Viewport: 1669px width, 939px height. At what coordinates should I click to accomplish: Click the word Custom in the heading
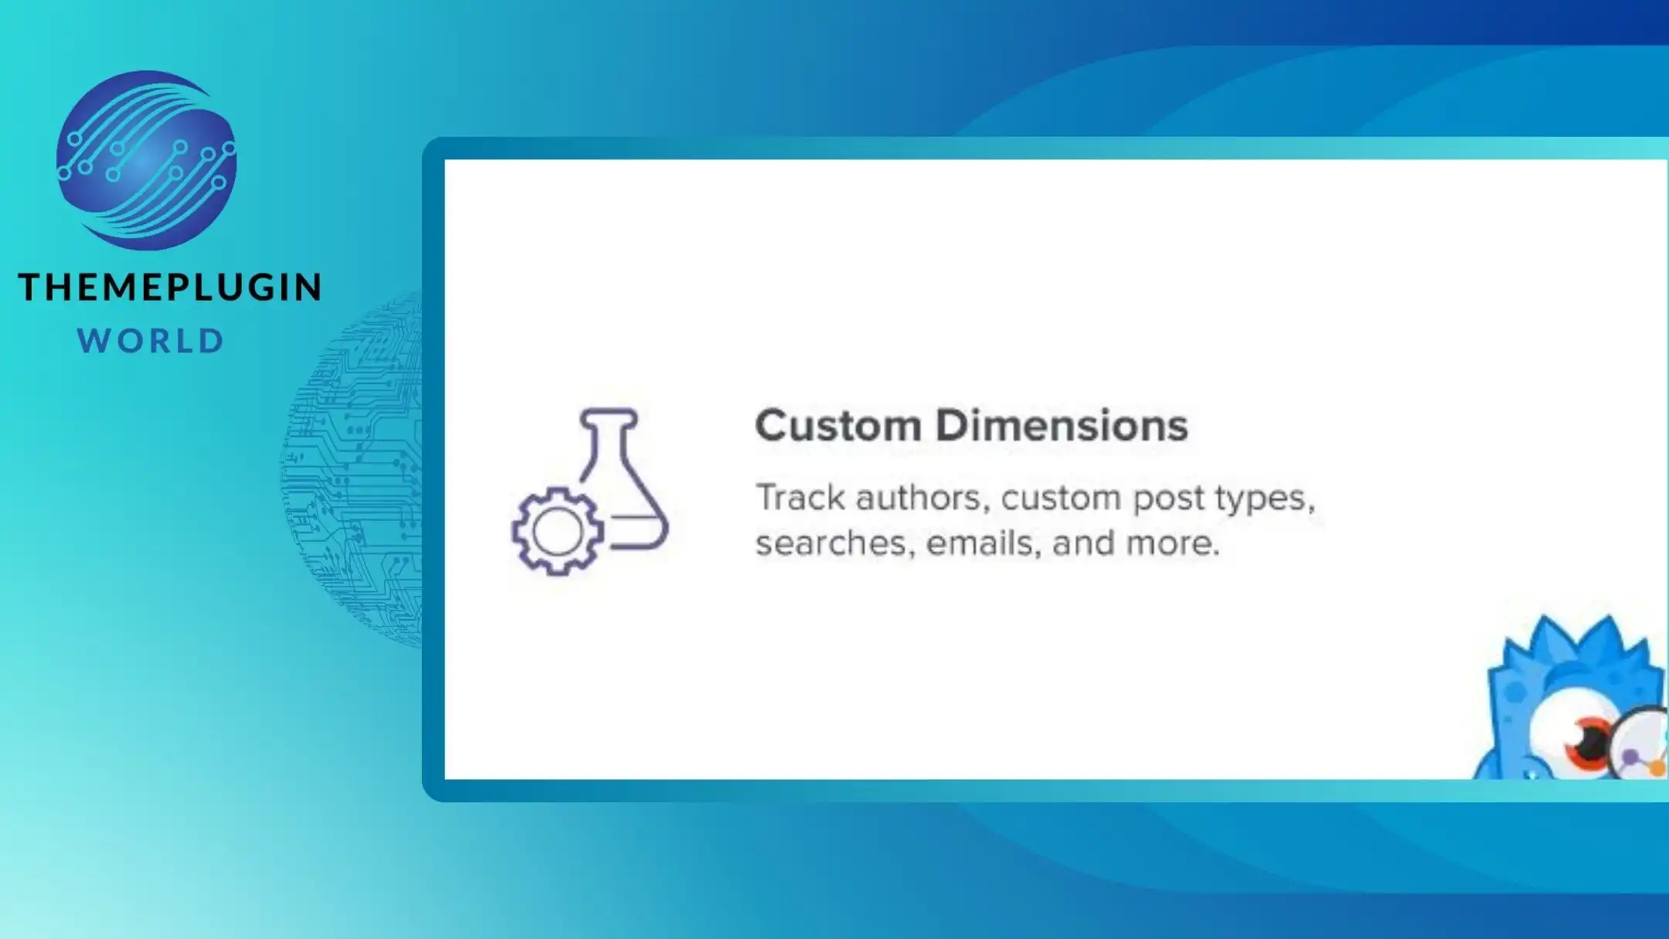click(838, 425)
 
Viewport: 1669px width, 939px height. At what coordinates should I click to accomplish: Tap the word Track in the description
click(801, 497)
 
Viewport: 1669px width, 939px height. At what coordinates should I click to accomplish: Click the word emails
click(984, 543)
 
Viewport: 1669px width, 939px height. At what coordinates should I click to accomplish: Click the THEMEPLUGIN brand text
click(170, 287)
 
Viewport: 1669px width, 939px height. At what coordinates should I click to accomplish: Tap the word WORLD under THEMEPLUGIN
click(151, 341)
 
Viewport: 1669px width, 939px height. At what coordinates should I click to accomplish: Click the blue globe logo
click(146, 160)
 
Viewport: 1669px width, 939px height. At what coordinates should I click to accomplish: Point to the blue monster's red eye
click(1586, 740)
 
